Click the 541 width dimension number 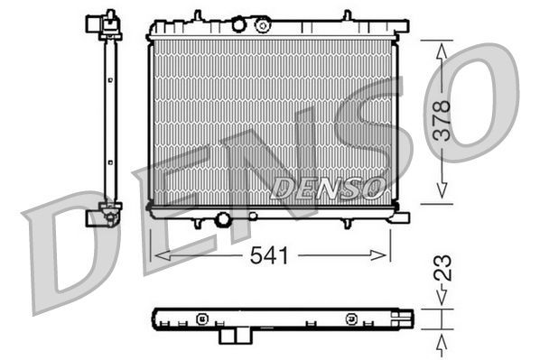(269, 256)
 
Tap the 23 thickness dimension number (442, 268)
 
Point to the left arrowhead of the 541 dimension (160, 256)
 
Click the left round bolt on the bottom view (202, 318)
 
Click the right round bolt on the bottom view (350, 318)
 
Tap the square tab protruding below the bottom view (233, 335)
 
